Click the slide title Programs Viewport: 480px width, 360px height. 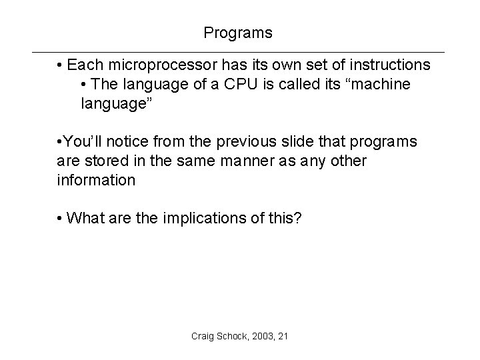pyautogui.click(x=238, y=32)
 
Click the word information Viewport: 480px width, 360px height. pyautogui.click(x=95, y=180)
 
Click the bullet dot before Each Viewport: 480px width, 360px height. pyautogui.click(x=60, y=66)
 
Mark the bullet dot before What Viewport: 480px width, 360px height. pyautogui.click(x=60, y=218)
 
